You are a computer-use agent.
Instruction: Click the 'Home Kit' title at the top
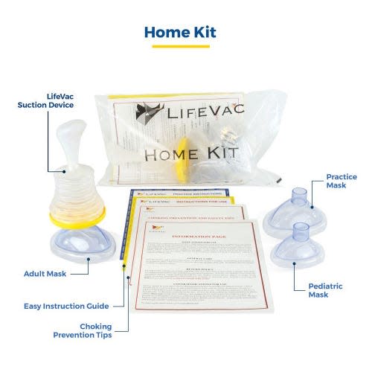click(x=185, y=31)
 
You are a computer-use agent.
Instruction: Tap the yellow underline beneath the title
click(x=185, y=46)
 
